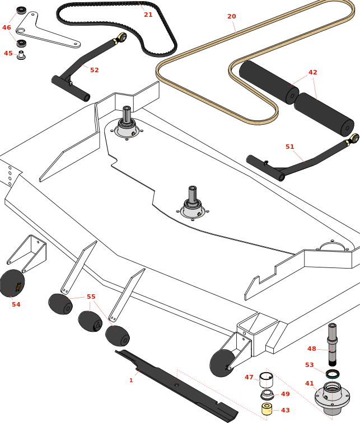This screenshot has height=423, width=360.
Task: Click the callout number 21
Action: [148, 15]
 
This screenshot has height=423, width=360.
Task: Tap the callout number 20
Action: [232, 16]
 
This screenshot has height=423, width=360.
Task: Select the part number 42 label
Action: [312, 72]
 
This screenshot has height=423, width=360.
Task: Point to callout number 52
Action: [94, 70]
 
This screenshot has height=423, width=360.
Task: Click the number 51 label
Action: [289, 147]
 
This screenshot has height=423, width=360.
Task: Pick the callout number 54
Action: [16, 304]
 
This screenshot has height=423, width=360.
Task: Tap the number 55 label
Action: [91, 297]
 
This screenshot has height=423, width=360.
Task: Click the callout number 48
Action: [312, 349]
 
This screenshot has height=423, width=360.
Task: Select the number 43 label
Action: [286, 410]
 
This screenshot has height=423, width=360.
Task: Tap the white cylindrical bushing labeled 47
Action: [266, 380]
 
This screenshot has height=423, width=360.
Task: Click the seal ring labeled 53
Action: [332, 373]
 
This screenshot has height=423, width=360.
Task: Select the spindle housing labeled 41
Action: [331, 396]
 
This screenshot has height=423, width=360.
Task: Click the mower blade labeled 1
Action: [174, 386]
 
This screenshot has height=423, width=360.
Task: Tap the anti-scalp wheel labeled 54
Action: [11, 284]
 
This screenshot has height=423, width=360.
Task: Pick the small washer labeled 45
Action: [21, 55]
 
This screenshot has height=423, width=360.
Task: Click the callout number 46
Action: [7, 27]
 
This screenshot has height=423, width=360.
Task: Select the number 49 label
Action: [286, 394]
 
